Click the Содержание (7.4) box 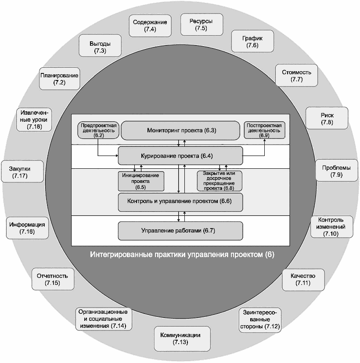(151, 26)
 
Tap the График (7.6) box (252, 41)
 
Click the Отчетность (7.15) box (52, 280)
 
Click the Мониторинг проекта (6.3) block (181, 131)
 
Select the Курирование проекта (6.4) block (180, 156)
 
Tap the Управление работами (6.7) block (180, 231)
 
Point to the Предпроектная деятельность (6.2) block (98, 131)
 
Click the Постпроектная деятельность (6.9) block (264, 131)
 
